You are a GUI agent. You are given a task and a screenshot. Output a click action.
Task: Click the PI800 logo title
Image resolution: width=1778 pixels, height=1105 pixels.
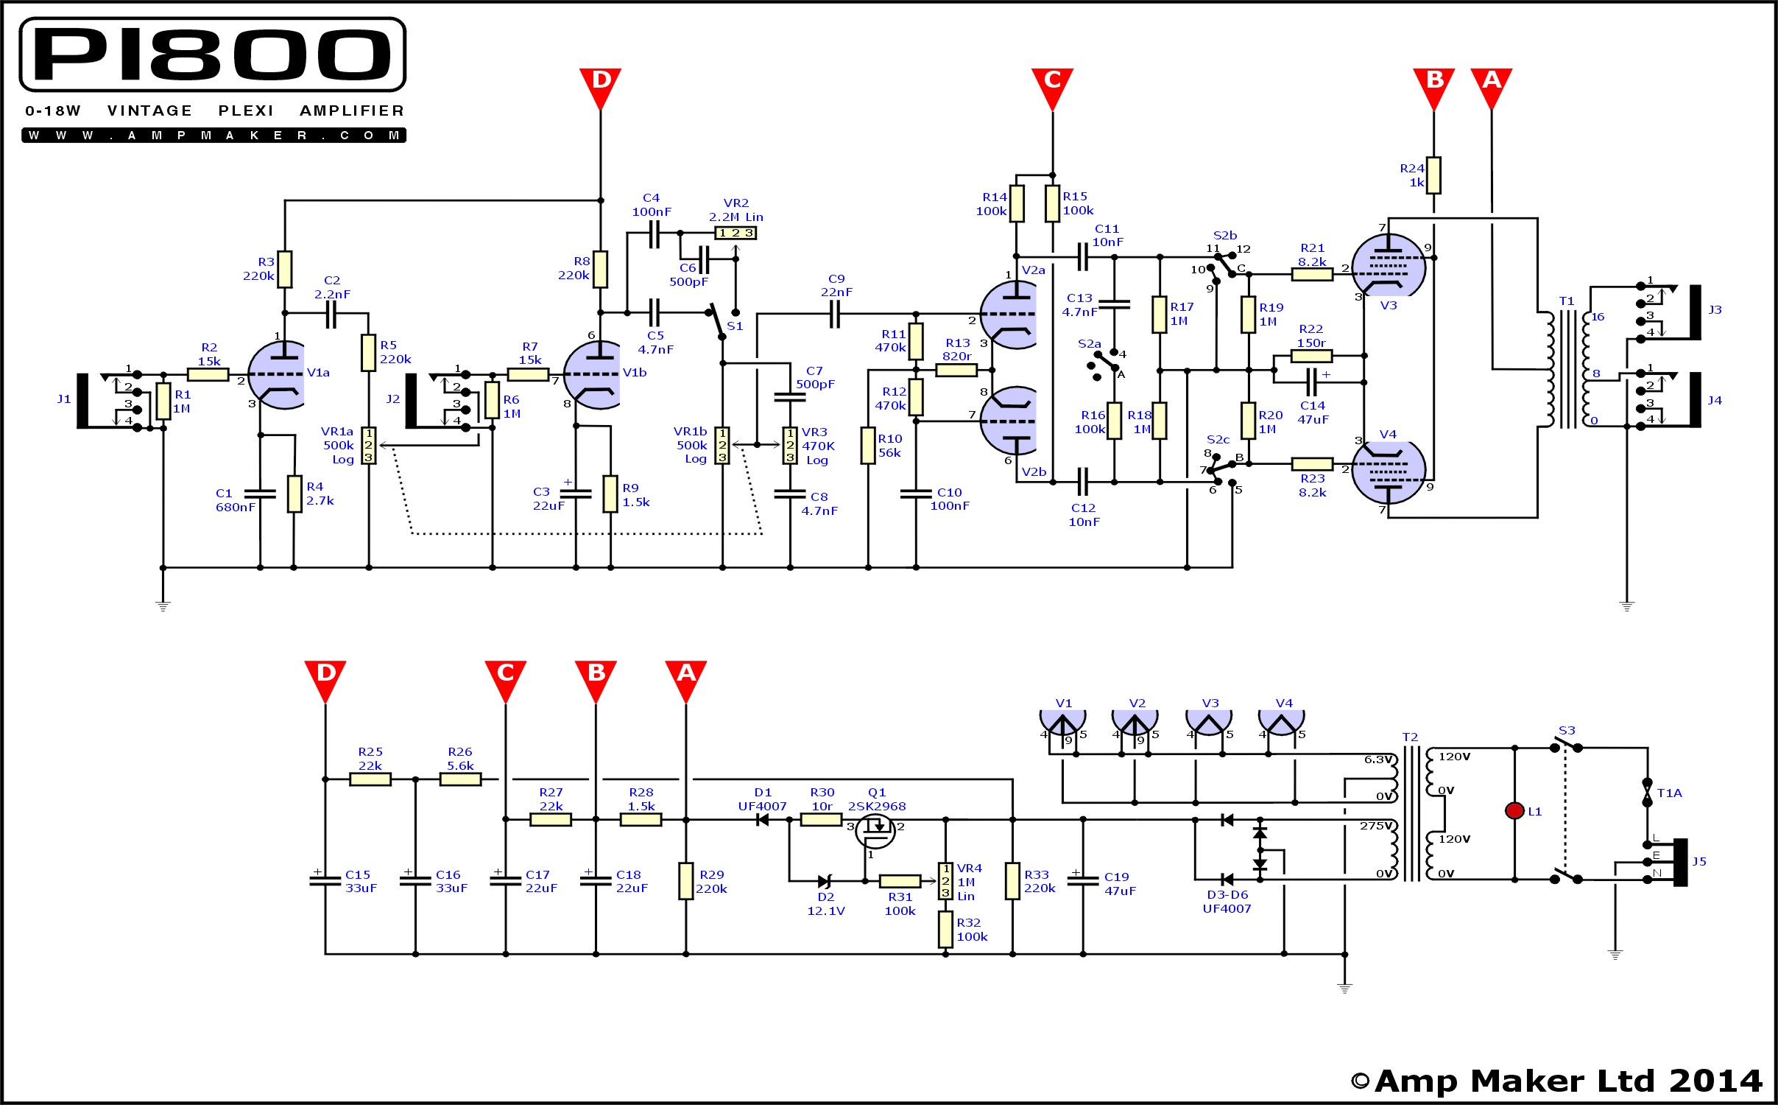[x=212, y=55]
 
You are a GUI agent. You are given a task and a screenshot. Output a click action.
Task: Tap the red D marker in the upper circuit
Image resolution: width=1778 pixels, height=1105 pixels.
[x=600, y=83]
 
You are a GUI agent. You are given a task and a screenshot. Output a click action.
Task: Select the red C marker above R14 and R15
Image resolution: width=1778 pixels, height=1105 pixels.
[x=1052, y=83]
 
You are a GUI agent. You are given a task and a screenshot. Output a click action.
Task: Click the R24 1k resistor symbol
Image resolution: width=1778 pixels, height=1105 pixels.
[x=1433, y=175]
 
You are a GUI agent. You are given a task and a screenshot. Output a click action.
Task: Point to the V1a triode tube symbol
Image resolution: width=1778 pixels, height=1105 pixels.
[x=278, y=375]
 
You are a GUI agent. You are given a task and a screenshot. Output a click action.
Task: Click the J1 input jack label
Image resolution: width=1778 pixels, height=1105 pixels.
[x=64, y=399]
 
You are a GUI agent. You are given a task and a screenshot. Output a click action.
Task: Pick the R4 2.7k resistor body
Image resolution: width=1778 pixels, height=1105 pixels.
[x=294, y=494]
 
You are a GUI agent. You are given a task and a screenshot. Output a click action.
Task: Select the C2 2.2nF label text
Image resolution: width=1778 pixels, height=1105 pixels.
[x=332, y=287]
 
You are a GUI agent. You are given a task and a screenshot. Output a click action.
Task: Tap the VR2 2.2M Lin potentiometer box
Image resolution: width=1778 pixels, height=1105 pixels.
[x=735, y=233]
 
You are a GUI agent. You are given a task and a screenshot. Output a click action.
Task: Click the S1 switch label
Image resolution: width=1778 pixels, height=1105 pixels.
[x=735, y=326]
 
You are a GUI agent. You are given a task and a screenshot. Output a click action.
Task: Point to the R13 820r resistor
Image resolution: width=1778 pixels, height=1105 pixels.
[x=956, y=370]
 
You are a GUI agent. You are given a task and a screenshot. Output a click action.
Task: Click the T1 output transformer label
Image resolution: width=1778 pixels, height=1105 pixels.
[x=1566, y=301]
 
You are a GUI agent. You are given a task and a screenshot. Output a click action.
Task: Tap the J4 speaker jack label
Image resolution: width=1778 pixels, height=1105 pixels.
[x=1715, y=401]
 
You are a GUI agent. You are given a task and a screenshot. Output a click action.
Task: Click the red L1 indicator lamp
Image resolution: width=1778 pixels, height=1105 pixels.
[x=1514, y=811]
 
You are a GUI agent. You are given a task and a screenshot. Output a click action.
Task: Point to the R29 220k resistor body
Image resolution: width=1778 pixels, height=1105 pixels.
[x=685, y=881]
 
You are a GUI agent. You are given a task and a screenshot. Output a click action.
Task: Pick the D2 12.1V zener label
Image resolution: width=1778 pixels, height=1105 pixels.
[x=826, y=904]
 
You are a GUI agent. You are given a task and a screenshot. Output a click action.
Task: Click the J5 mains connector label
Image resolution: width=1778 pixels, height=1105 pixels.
[x=1698, y=862]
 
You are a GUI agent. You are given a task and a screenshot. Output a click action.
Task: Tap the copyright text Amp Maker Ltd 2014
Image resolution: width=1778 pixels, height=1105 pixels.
[x=1557, y=1081]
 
